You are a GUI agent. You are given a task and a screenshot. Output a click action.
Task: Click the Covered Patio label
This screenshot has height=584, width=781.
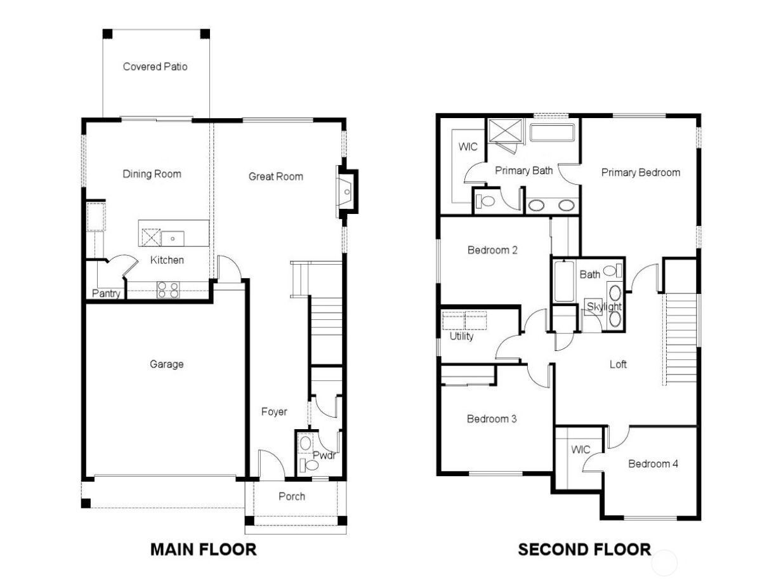(x=155, y=67)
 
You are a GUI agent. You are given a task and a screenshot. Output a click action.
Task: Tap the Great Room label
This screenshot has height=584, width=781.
(x=276, y=176)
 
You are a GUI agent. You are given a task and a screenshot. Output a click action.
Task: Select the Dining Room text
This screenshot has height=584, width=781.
(x=152, y=174)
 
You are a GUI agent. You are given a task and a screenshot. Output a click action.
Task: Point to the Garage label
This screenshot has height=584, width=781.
(x=166, y=364)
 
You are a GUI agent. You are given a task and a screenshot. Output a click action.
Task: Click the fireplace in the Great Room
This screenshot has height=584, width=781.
(x=346, y=192)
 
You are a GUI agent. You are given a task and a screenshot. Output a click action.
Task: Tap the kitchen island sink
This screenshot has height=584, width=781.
(x=173, y=239)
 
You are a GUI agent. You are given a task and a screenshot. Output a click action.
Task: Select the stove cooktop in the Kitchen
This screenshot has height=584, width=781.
(x=168, y=289)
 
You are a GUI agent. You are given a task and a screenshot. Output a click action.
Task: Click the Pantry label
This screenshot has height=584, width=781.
(x=106, y=293)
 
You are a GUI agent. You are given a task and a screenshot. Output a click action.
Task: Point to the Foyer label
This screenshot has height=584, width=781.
(x=274, y=412)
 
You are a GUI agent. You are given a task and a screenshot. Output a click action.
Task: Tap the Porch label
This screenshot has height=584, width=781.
(x=292, y=496)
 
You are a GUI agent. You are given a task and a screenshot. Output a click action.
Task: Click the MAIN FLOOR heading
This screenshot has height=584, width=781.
(x=203, y=550)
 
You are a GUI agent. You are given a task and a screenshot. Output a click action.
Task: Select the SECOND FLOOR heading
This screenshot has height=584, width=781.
(x=584, y=550)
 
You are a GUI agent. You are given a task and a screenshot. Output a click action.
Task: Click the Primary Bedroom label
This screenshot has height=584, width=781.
(x=640, y=173)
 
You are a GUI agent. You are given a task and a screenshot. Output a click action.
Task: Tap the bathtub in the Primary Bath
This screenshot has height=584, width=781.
(x=552, y=133)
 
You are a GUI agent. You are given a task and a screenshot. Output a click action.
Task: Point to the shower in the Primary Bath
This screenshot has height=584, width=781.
(x=505, y=131)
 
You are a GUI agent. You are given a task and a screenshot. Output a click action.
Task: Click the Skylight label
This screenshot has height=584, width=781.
(x=604, y=307)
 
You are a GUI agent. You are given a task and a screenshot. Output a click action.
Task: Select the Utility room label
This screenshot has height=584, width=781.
(x=461, y=336)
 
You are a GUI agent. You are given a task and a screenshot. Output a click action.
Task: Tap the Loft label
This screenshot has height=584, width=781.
(x=618, y=364)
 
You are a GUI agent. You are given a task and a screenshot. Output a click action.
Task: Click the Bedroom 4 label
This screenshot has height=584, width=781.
(x=653, y=464)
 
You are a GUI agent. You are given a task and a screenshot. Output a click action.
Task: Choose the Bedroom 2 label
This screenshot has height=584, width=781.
(x=492, y=250)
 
